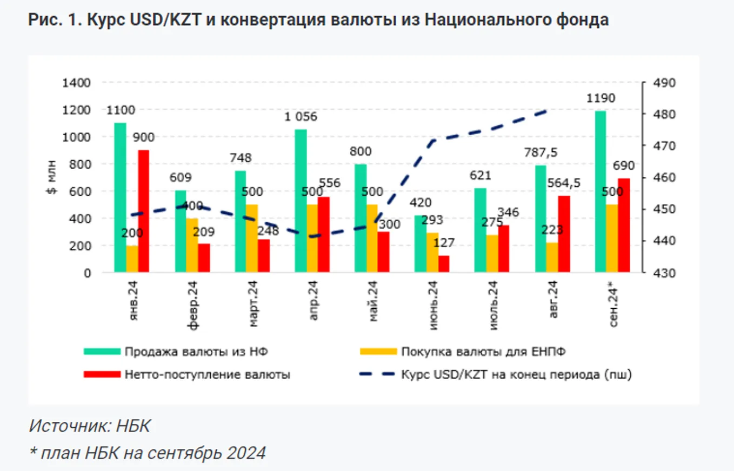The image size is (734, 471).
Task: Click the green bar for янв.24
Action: click(x=120, y=198)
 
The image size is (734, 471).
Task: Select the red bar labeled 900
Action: click(x=143, y=211)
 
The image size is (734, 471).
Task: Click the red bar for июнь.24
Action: click(x=444, y=264)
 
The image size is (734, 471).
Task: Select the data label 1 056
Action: click(x=302, y=116)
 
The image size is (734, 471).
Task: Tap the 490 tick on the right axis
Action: click(x=658, y=83)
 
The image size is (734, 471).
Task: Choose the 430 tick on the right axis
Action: click(x=658, y=273)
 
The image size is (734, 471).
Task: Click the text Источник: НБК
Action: click(x=90, y=426)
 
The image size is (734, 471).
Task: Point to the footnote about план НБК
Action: click(x=147, y=453)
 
